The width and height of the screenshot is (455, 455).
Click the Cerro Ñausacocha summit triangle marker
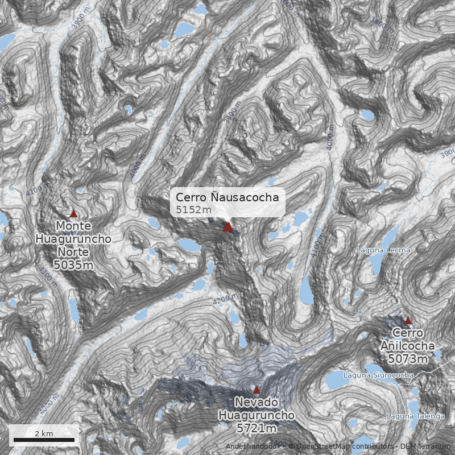click(227, 227)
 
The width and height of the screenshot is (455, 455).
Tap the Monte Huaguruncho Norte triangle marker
click(73, 214)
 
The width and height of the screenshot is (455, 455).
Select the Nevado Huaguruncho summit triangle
click(257, 390)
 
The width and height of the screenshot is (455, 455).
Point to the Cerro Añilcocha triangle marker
click(408, 321)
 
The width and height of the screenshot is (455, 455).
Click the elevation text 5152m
click(193, 210)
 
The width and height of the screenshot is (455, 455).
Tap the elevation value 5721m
click(257, 428)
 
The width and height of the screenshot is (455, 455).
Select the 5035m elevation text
click(73, 264)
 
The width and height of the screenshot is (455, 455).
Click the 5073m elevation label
click(408, 359)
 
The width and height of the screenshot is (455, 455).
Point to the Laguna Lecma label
click(383, 250)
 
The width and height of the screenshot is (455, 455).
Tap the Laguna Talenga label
click(415, 416)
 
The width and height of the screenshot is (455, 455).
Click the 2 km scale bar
click(44, 440)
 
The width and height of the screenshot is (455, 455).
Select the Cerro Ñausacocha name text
click(227, 197)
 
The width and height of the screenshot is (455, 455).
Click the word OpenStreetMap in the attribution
click(322, 446)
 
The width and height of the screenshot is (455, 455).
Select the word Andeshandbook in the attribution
click(253, 446)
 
